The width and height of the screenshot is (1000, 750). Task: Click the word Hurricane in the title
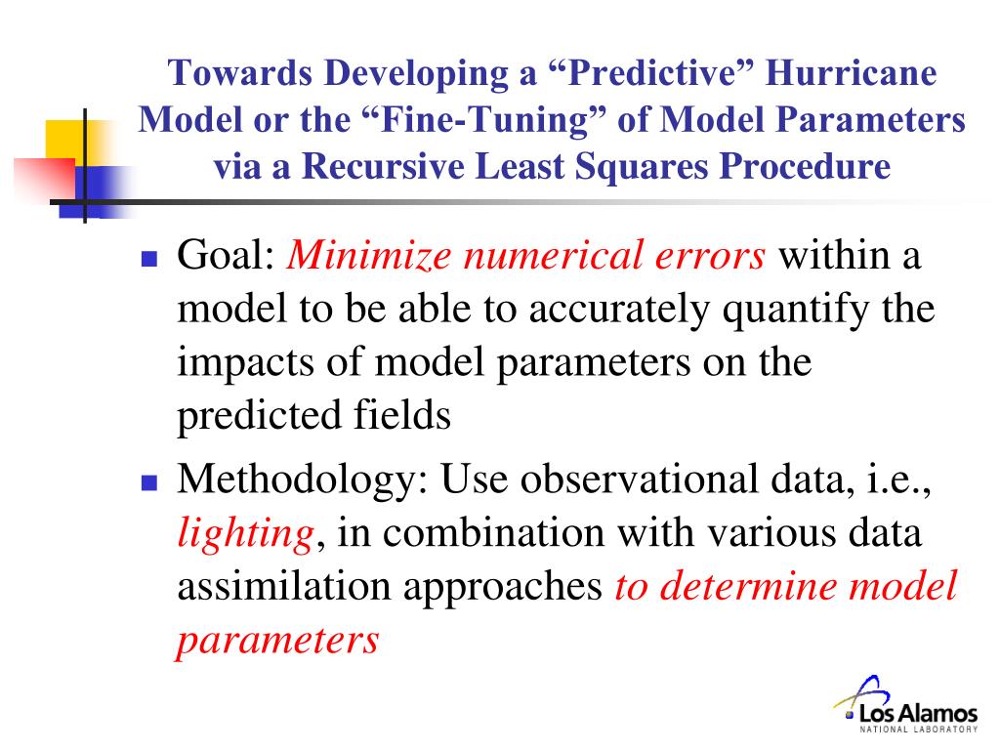click(x=851, y=72)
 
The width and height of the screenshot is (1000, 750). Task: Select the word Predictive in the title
click(x=650, y=72)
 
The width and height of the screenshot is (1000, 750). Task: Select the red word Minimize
click(x=369, y=255)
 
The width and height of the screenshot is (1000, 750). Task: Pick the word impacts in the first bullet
click(x=245, y=363)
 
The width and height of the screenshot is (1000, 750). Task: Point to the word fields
click(x=402, y=414)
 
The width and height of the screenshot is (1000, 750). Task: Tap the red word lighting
click(x=245, y=534)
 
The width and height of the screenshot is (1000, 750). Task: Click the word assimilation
click(x=283, y=586)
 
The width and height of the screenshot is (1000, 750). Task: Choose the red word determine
click(x=747, y=586)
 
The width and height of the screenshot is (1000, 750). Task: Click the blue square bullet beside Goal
click(x=149, y=258)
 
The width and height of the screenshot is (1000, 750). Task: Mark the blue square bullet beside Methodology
click(x=149, y=482)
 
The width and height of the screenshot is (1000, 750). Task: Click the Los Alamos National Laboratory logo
click(x=906, y=705)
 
